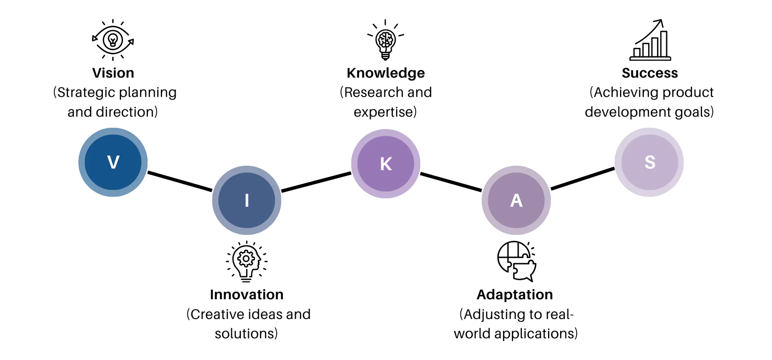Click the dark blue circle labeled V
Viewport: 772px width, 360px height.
[x=113, y=162]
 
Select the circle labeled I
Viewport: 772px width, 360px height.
[x=246, y=200]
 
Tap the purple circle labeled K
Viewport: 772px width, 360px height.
[x=386, y=163]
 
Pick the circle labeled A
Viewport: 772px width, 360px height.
[x=516, y=200]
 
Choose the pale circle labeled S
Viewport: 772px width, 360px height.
[x=649, y=162]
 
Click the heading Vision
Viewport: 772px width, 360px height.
[x=113, y=73]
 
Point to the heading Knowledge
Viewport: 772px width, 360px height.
[x=386, y=73]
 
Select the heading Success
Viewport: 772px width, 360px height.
[x=650, y=73]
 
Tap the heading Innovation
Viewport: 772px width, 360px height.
[x=246, y=294]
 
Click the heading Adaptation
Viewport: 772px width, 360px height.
[x=515, y=294]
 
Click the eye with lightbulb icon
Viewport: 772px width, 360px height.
[x=113, y=40]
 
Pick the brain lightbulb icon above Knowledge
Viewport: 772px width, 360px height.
[x=386, y=40]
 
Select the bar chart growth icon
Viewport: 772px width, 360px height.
[x=650, y=40]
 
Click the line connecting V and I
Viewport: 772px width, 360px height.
[x=180, y=181]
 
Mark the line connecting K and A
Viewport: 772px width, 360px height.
[x=451, y=182]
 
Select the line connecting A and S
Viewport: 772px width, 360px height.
[x=583, y=179]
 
